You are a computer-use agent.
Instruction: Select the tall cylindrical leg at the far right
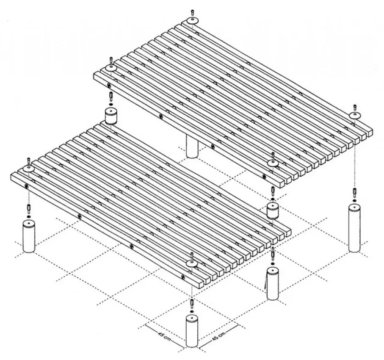354,229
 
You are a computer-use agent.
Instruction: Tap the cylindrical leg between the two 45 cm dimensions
192,331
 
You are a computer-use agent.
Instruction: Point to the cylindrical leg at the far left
29,236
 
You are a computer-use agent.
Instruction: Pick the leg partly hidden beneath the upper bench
192,146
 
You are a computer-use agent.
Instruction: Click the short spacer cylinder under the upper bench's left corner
111,116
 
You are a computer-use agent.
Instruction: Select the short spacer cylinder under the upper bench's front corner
273,210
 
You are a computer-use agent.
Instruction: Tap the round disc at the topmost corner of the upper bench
193,20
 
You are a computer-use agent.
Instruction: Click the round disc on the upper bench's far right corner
355,116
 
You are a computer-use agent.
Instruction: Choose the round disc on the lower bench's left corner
29,169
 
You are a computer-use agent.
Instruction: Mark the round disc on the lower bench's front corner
192,263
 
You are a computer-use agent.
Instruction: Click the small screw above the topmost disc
193,12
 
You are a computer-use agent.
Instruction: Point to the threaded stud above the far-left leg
29,208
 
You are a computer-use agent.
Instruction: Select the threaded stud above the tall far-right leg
354,192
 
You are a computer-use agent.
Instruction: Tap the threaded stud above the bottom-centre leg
192,303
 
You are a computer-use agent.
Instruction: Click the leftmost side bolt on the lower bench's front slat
26,186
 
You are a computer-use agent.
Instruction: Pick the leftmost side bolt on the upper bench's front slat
109,86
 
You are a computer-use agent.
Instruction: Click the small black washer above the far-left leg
29,217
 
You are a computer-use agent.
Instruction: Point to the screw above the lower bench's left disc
29,161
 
